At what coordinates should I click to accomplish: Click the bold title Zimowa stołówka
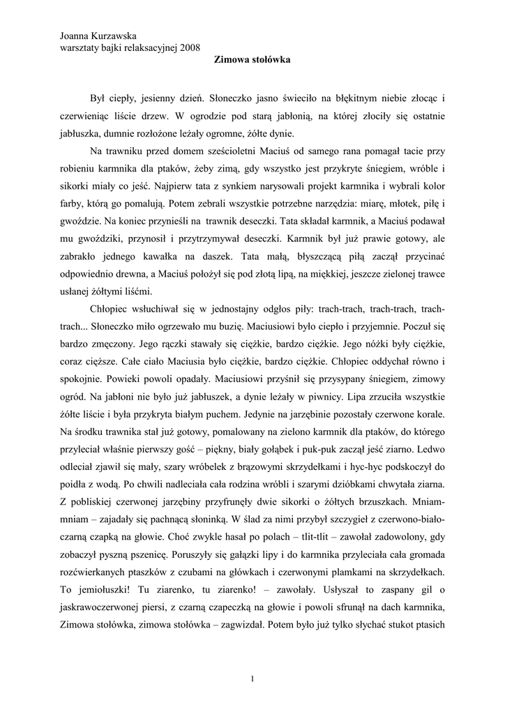click(x=252, y=61)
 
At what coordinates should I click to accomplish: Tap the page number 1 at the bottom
click(x=252, y=679)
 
